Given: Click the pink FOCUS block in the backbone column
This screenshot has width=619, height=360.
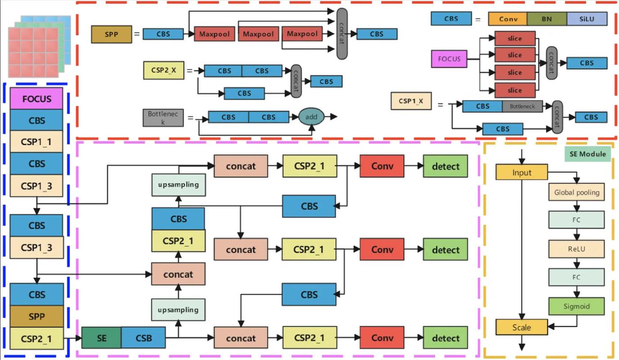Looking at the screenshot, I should coord(36,99).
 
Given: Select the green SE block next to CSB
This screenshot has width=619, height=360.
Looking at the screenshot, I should coord(101,338).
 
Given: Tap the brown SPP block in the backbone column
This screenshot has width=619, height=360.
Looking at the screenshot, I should coord(36,316).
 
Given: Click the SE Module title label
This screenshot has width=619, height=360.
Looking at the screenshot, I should coord(588,154).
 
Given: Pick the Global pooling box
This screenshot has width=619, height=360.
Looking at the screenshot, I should coord(576,192).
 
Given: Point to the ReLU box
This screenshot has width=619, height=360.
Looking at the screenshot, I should coord(576,248).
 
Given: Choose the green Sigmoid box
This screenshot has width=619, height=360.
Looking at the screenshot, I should coord(576,306).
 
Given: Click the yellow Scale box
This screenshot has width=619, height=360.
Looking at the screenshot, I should coord(522,327).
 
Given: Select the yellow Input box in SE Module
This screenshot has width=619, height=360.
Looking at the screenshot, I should coord(522,172).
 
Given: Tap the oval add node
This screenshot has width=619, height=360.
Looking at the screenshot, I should coord(311,117).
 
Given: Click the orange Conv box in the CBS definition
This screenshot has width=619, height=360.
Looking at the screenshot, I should coord(507,19).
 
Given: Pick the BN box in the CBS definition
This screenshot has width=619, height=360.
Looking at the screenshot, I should coord(547,19).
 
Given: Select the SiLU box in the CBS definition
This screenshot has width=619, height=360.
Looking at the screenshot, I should coord(587,19).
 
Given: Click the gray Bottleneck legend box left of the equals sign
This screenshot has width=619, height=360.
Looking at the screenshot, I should coord(163,117).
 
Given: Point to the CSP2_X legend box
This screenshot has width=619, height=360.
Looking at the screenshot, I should coord(163,71).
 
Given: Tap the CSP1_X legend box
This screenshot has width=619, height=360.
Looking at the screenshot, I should coord(411,101).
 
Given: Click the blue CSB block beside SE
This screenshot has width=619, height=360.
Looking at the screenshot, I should coord(143,338).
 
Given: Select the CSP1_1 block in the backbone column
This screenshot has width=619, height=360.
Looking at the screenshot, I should coord(36,142).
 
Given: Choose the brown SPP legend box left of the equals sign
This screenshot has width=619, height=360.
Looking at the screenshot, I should coord(112,34).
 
